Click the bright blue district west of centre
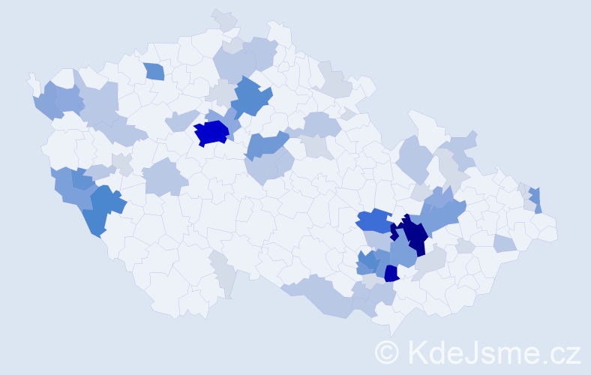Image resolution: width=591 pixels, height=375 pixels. coord(211,133)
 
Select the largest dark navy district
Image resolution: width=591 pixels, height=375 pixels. coord(412,234)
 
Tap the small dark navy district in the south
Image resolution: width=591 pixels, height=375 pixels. coord(391,274)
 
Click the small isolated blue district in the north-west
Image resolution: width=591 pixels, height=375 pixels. coord(154,72)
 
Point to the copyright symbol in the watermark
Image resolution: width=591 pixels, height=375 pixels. coord(387,351)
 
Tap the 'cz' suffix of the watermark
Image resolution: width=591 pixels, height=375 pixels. coord(564,351)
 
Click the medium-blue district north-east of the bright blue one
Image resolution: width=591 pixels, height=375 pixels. coord(253,98)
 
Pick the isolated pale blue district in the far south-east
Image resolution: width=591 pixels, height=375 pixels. coord(505,243)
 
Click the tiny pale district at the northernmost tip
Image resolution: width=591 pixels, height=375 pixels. coord(223,19)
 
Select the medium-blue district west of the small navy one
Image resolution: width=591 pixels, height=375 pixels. coord(367,262)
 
